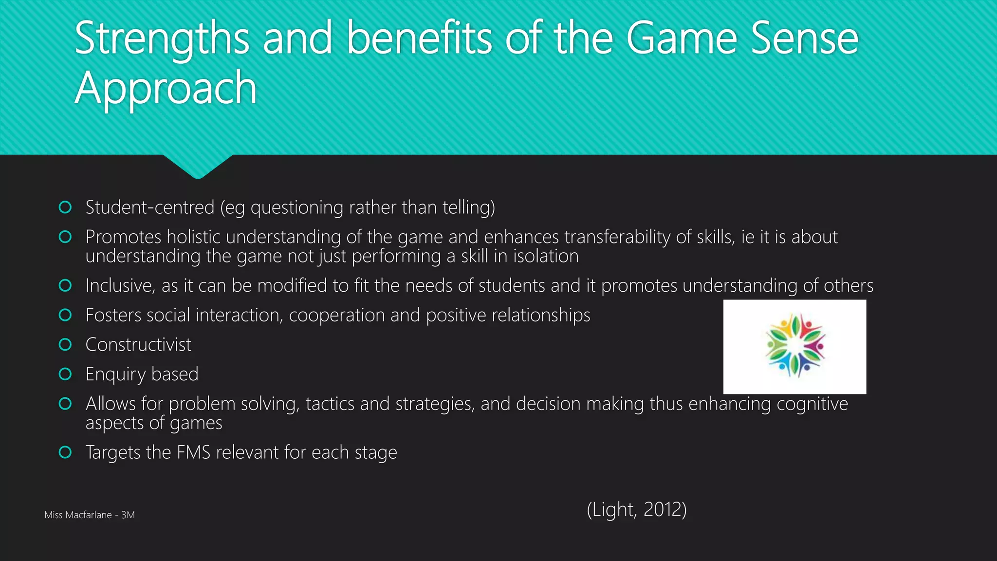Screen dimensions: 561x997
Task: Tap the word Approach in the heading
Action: tap(166, 89)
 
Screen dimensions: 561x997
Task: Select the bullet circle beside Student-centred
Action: tap(65, 207)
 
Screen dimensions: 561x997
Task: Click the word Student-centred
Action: tap(149, 207)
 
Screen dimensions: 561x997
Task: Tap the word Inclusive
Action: tap(120, 286)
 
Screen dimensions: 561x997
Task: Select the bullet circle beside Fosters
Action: tap(65, 315)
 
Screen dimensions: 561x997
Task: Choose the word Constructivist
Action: tap(138, 345)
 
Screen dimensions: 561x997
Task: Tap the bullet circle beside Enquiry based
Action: tap(65, 374)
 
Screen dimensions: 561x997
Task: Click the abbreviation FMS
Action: tap(193, 452)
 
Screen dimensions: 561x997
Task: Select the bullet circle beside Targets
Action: tap(65, 452)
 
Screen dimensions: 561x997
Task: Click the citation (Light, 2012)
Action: tap(636, 510)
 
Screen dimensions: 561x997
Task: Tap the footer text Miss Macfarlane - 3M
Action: tap(90, 515)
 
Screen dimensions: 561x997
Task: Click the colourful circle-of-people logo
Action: tap(794, 346)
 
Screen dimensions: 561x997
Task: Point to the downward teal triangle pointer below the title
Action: tap(198, 166)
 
